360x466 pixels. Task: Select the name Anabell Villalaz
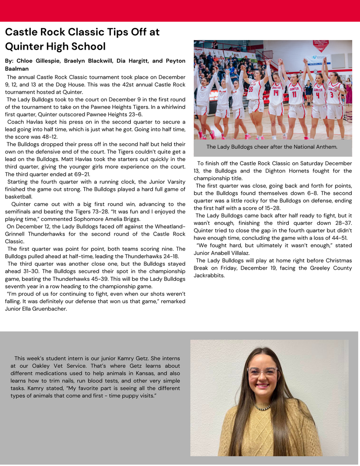point(229,253)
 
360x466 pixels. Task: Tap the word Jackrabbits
point(209,275)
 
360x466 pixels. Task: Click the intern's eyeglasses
point(262,372)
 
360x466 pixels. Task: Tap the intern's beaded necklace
point(262,406)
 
